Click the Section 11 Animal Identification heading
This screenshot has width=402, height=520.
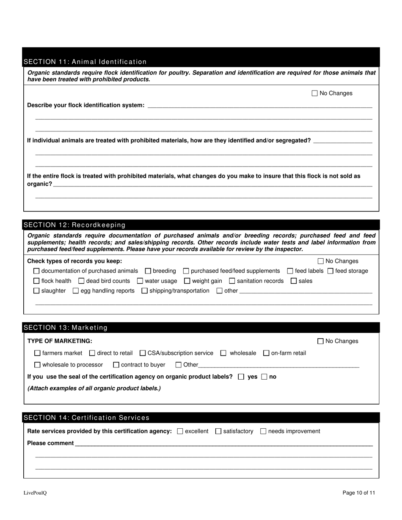click(85, 62)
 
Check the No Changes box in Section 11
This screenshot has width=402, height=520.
click(314, 93)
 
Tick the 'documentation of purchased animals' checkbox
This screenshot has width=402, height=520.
click(36, 271)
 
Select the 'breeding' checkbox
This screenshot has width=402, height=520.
click(148, 271)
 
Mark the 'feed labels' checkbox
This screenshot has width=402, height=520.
click(290, 271)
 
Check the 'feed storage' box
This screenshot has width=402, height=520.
click(330, 271)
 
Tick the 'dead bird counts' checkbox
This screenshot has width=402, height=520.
click(82, 281)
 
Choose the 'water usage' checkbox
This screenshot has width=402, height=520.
click(140, 281)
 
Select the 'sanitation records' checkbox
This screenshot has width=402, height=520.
click(232, 281)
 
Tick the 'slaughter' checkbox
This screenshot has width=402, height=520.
click(36, 291)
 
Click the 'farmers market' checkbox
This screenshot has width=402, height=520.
click(37, 353)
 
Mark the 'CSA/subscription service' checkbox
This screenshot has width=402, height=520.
click(143, 353)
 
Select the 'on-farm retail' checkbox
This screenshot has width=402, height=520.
click(266, 353)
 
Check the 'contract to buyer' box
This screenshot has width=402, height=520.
click(116, 365)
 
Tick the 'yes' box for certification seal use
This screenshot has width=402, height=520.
click(241, 377)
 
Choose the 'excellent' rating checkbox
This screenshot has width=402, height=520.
click(180, 432)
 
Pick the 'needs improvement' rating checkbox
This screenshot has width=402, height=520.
click(263, 432)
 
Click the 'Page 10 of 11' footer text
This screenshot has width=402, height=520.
click(359, 493)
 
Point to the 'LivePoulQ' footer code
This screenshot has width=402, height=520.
click(35, 493)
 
